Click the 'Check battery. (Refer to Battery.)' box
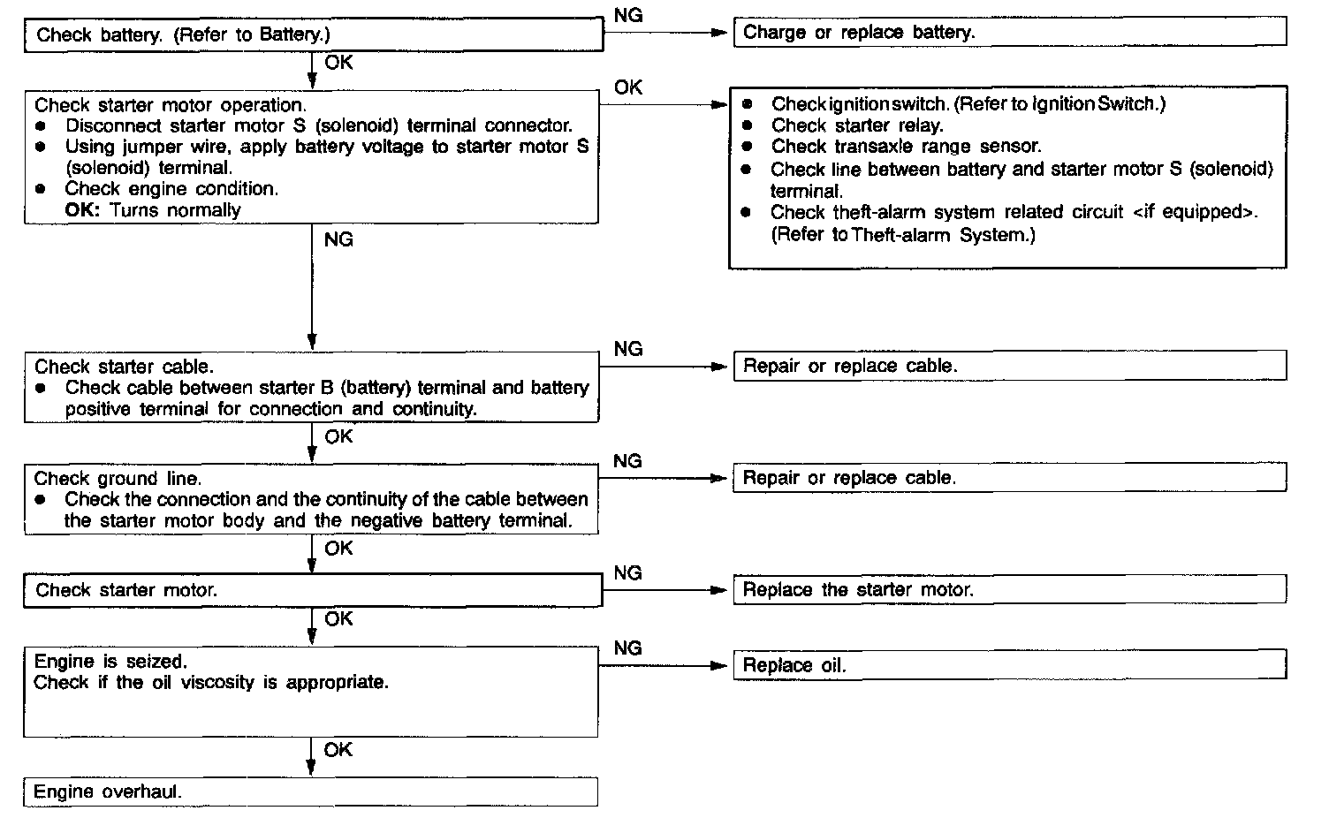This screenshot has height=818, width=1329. [x=313, y=35]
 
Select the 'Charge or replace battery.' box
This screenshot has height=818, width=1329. [x=1009, y=33]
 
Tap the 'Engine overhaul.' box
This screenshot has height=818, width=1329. [x=310, y=791]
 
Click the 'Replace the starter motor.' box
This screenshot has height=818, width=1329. [x=1009, y=589]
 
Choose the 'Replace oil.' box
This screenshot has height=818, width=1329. [x=1009, y=665]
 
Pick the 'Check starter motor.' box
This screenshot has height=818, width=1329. [x=313, y=590]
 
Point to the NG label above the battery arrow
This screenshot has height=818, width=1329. [x=627, y=15]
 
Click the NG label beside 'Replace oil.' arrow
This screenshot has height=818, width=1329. [x=627, y=648]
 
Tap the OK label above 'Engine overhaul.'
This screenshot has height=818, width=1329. [x=338, y=749]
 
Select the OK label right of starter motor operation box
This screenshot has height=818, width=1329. [x=628, y=87]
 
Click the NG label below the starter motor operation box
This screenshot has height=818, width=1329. [x=338, y=239]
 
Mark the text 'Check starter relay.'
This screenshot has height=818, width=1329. [x=857, y=125]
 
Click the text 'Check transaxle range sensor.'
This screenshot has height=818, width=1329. [x=906, y=147]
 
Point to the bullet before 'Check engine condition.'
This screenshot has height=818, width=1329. [x=41, y=188]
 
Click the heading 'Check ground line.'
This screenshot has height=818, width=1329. [x=118, y=478]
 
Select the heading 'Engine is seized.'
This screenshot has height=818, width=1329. [x=110, y=661]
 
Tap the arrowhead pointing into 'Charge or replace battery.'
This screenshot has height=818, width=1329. [x=719, y=33]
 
